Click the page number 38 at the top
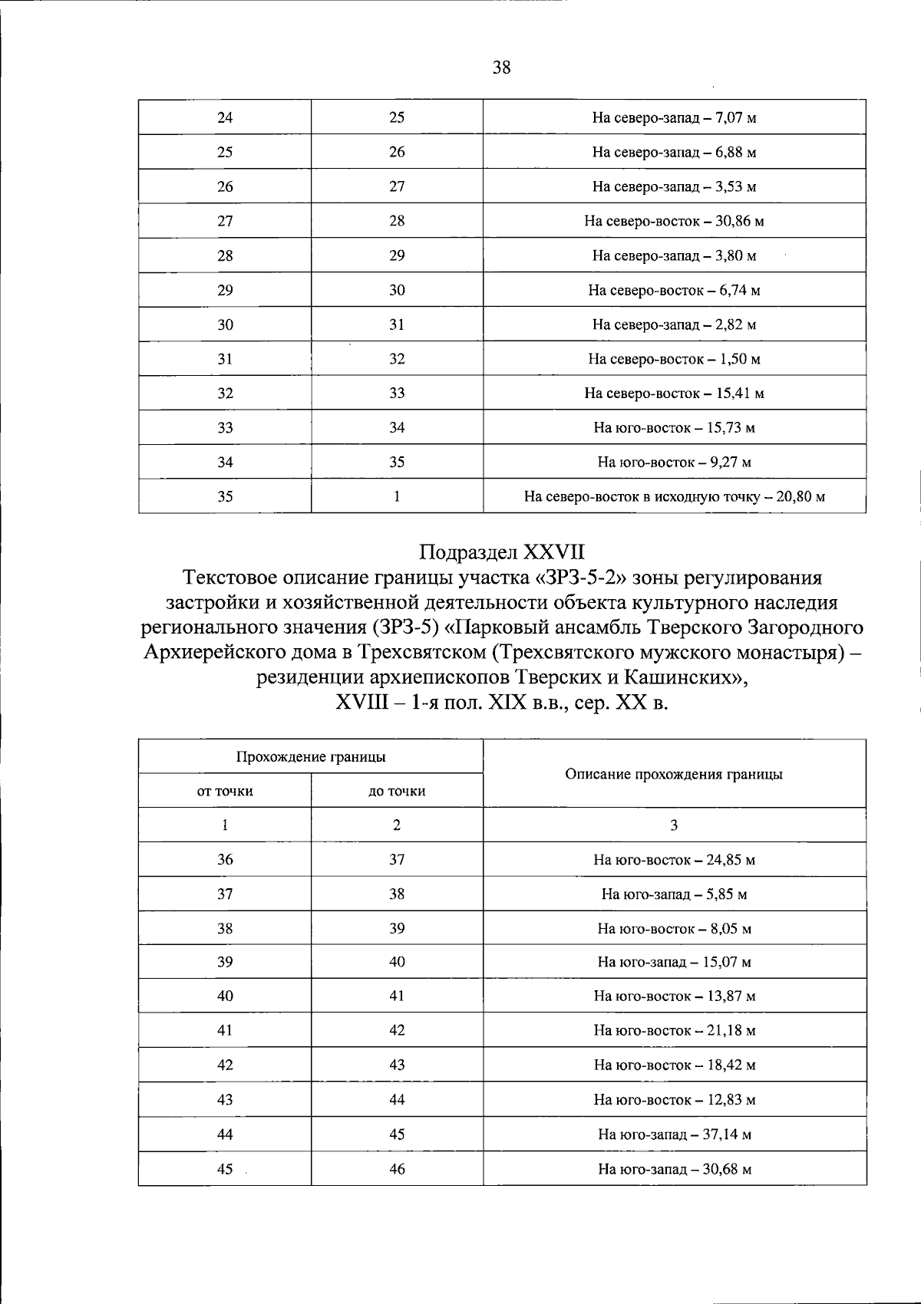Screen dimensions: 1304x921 (500, 68)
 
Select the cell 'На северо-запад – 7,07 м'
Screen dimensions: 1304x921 (674, 118)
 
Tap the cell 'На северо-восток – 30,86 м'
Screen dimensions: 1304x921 (674, 222)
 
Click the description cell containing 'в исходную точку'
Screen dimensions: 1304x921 (674, 497)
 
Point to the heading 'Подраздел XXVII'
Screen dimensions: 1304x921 (502, 552)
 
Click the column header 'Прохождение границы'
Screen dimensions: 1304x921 (310, 757)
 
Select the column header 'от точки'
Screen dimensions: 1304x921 (225, 792)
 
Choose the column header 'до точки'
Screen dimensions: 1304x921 (397, 792)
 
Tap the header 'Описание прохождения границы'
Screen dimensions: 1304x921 (674, 775)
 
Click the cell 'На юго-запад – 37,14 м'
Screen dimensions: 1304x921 (674, 1134)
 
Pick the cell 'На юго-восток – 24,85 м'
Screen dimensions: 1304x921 (674, 860)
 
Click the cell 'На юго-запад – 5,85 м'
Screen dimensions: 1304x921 (674, 894)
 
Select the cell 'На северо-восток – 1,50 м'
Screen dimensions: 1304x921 (674, 359)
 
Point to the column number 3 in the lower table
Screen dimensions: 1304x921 (674, 825)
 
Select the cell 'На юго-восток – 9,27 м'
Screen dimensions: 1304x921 (674, 463)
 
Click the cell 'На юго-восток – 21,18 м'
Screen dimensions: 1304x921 (674, 1031)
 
